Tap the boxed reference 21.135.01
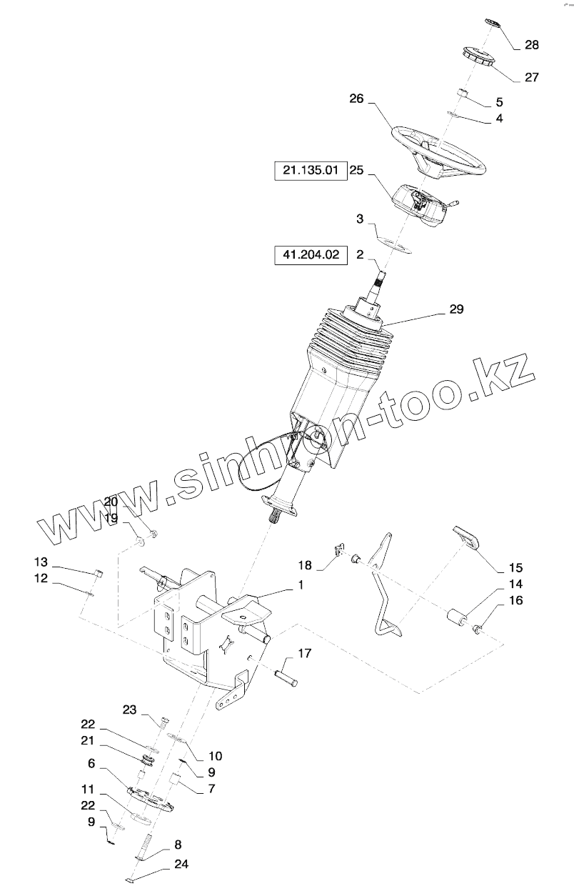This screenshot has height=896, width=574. [x=310, y=171]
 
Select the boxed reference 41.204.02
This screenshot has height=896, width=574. [x=310, y=254]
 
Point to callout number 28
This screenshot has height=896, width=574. [x=532, y=45]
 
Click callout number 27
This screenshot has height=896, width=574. [x=532, y=78]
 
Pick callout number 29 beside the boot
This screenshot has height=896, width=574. [x=456, y=309]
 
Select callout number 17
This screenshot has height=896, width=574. [x=305, y=653]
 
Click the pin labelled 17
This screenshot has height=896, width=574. [x=286, y=676]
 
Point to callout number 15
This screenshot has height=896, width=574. [x=515, y=568]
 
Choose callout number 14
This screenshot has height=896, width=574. [x=515, y=584]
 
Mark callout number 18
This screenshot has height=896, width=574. [x=305, y=565]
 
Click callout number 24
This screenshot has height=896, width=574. [x=181, y=864]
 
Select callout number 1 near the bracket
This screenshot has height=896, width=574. [x=301, y=585]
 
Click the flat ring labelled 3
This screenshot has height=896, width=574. [x=393, y=242]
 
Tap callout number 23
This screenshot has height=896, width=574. [x=129, y=710]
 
